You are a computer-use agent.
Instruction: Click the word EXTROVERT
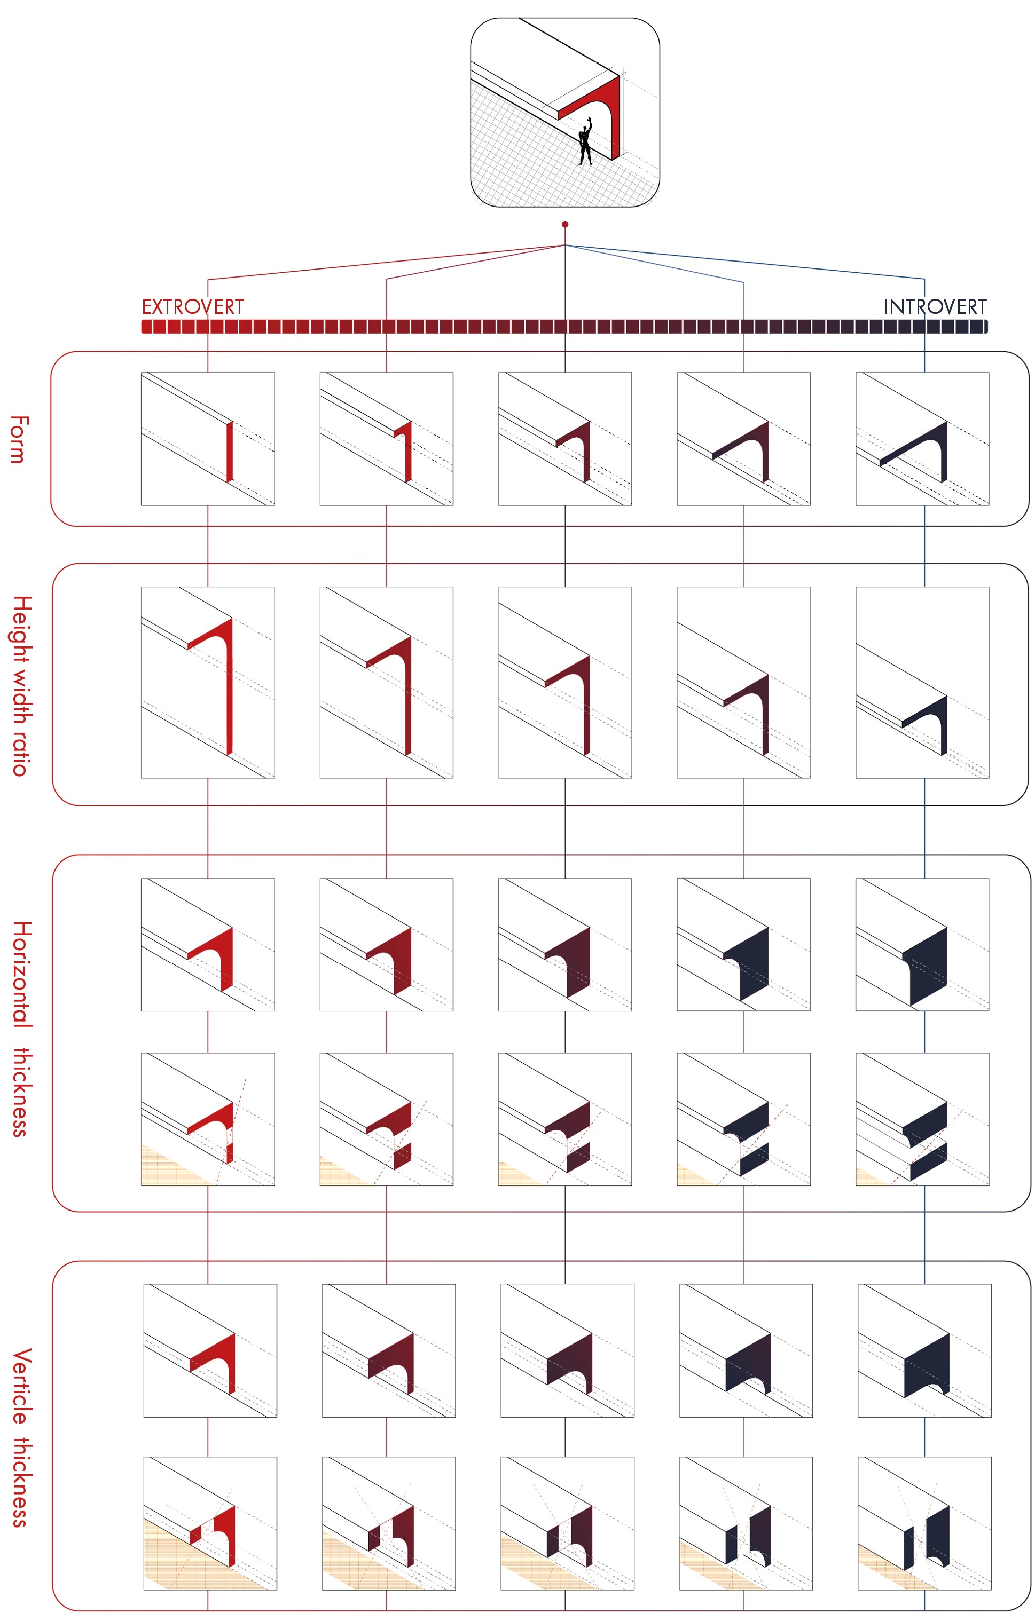[x=193, y=307]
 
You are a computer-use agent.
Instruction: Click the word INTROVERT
[x=935, y=307]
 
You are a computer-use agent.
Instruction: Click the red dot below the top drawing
[x=565, y=224]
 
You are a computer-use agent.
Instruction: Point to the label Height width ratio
[x=21, y=685]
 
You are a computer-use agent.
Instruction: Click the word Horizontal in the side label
[x=21, y=974]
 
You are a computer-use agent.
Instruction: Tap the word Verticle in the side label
[x=21, y=1386]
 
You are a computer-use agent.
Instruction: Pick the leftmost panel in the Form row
[x=207, y=439]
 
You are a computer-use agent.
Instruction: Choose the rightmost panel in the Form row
[x=922, y=439]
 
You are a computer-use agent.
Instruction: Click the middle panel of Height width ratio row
[x=565, y=683]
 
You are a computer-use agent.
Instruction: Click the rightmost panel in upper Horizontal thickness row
[x=922, y=944]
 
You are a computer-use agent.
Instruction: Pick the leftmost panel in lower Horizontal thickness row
[x=207, y=1119]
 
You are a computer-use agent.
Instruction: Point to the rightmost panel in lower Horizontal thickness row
[x=922, y=1119]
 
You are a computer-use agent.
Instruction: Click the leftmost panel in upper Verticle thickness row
[x=210, y=1350]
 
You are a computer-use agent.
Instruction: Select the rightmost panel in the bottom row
[x=924, y=1523]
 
